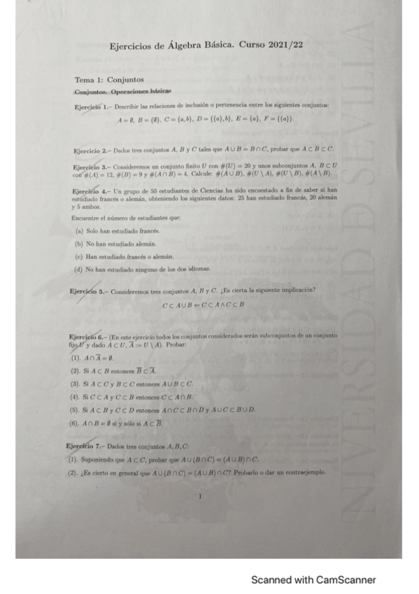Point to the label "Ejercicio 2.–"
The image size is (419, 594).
point(90,150)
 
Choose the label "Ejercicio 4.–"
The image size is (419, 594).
point(90,191)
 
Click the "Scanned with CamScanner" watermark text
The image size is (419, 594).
point(313,580)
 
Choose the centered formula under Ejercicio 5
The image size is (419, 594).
point(203,305)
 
